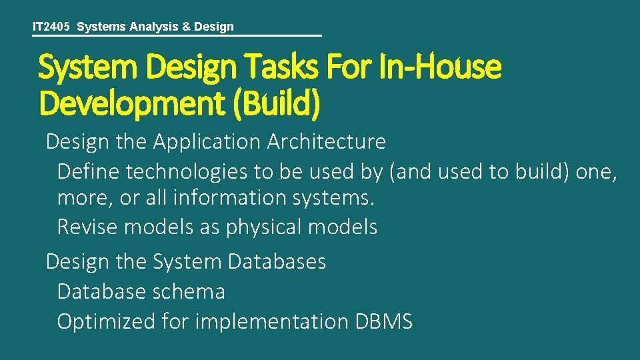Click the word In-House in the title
point(442,68)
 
